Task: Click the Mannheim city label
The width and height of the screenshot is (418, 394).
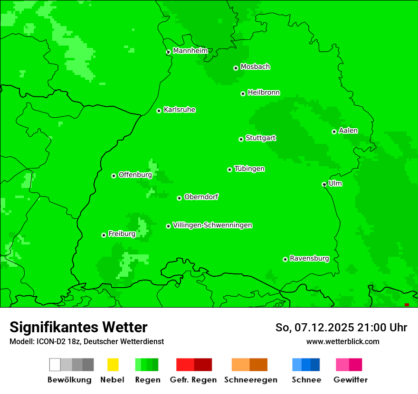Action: tap(190, 51)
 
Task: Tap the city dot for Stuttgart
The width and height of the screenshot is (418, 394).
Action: tap(241, 139)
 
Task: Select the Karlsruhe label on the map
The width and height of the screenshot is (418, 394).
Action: tap(179, 110)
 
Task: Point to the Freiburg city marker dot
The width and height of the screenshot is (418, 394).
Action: tap(104, 235)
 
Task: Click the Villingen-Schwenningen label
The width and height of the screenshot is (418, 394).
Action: tap(212, 225)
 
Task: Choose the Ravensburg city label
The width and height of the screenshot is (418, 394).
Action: tap(309, 259)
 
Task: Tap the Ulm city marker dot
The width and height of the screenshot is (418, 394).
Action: tap(324, 184)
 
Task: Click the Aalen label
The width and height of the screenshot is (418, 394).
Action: tap(348, 131)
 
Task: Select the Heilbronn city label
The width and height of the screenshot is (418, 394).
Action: tap(264, 93)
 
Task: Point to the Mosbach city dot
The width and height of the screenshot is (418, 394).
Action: tap(236, 68)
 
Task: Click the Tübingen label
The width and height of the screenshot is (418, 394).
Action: tap(249, 169)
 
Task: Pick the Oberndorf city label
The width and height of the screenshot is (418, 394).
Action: tap(201, 197)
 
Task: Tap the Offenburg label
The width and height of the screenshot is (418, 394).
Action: tap(135, 175)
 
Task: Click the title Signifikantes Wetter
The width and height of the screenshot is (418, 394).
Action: tap(78, 327)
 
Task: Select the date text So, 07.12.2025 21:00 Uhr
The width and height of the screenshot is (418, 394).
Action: tap(341, 328)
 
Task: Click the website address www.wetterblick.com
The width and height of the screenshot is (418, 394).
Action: tap(342, 341)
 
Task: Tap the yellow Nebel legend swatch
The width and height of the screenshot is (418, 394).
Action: tap(113, 365)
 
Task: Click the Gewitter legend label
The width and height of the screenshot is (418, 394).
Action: tap(350, 380)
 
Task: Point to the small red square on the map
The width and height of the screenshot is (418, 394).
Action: tap(407, 305)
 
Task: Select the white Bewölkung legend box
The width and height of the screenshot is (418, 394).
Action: tap(55, 365)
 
